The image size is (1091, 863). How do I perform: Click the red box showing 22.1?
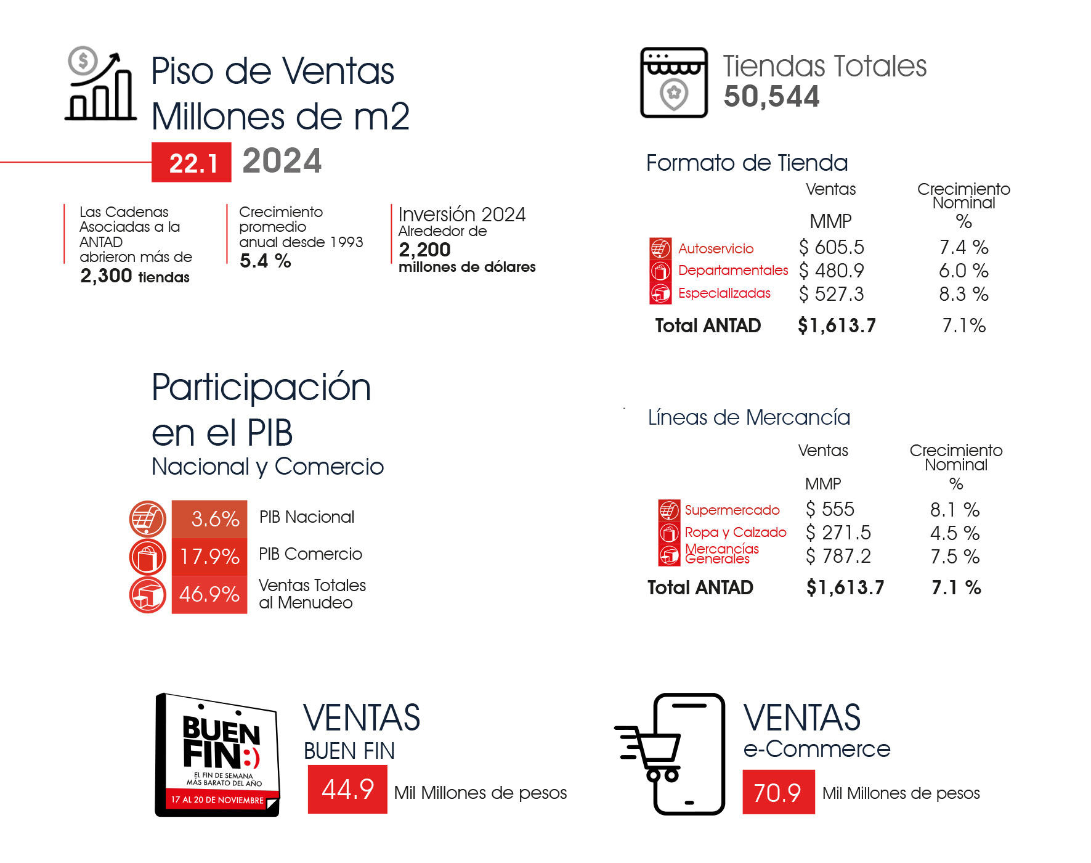click(192, 163)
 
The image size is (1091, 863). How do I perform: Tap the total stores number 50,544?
click(771, 96)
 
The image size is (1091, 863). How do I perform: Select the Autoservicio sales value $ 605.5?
click(831, 248)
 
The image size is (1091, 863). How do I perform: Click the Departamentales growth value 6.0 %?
click(963, 271)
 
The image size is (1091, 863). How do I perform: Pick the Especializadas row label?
click(724, 293)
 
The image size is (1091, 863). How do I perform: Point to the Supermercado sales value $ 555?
click(830, 509)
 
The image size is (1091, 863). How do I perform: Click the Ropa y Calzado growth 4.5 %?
click(955, 533)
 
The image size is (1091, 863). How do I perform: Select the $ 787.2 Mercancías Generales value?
click(838, 557)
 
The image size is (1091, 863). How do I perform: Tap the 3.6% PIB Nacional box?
click(209, 518)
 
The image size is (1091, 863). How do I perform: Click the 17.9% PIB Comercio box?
click(209, 557)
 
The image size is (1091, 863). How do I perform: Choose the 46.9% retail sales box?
click(209, 594)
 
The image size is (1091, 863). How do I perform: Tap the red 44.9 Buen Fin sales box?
click(347, 790)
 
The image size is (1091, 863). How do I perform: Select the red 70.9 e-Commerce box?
click(778, 793)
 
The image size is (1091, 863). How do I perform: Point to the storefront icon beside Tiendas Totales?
click(674, 83)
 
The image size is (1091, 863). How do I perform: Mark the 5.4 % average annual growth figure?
click(265, 261)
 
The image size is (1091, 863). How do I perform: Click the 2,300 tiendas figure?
click(135, 276)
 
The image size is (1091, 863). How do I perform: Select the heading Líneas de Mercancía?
click(748, 418)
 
